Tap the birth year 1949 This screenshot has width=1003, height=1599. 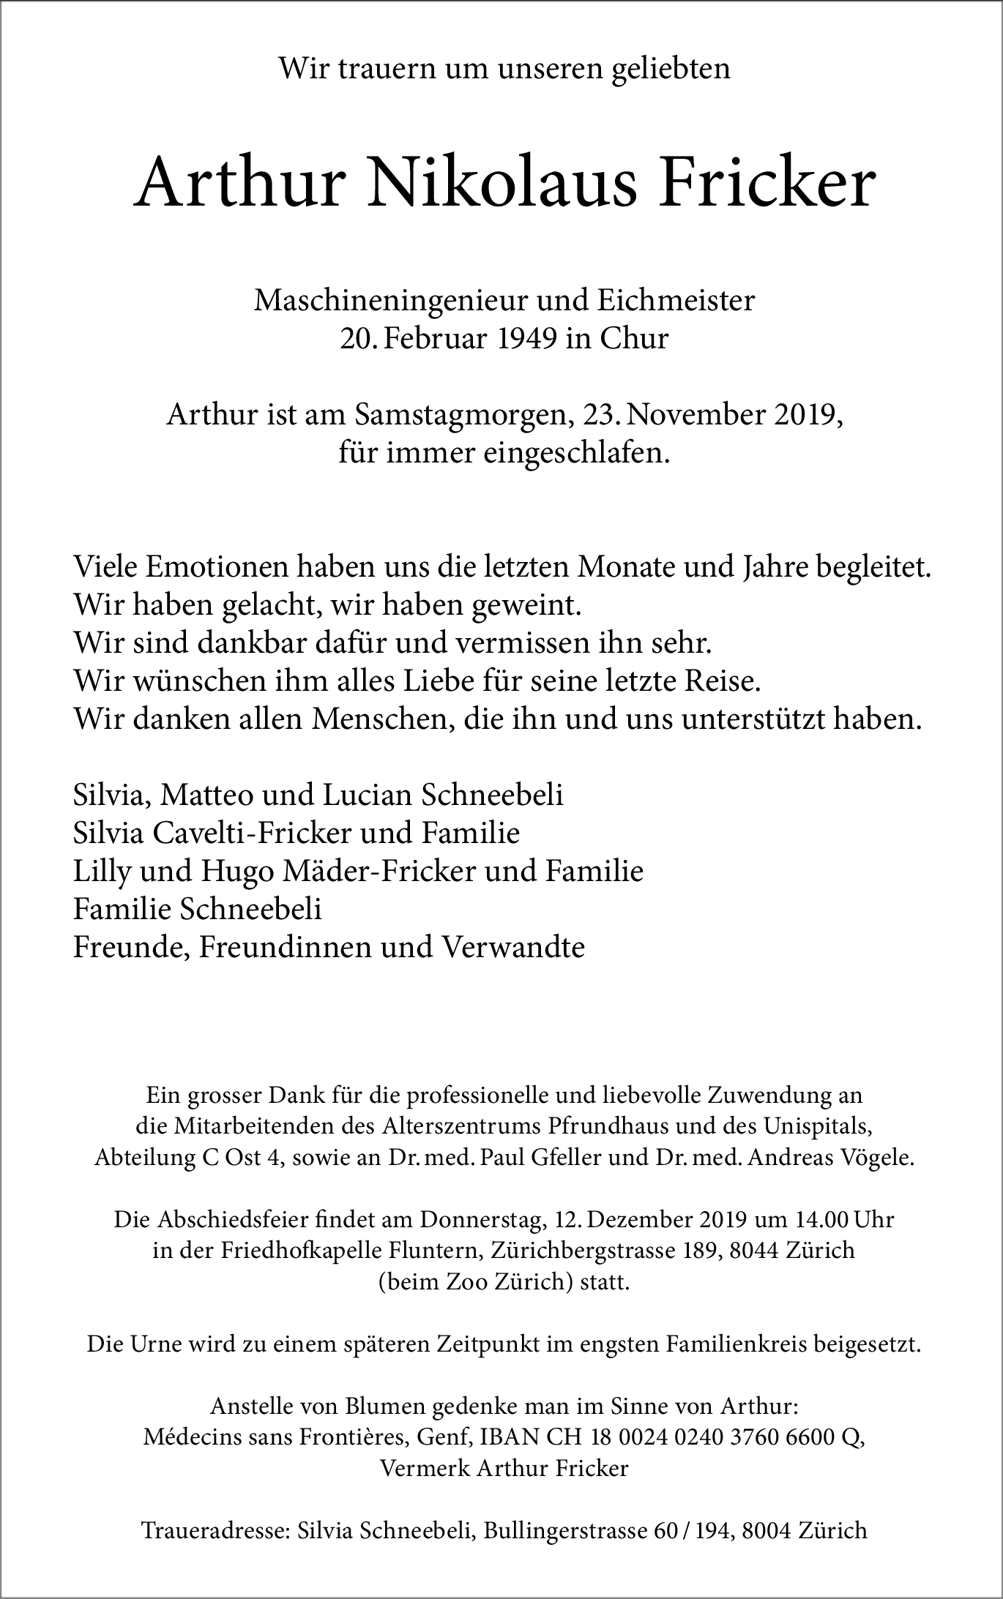click(x=521, y=339)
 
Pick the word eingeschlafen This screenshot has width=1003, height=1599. click(x=576, y=454)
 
